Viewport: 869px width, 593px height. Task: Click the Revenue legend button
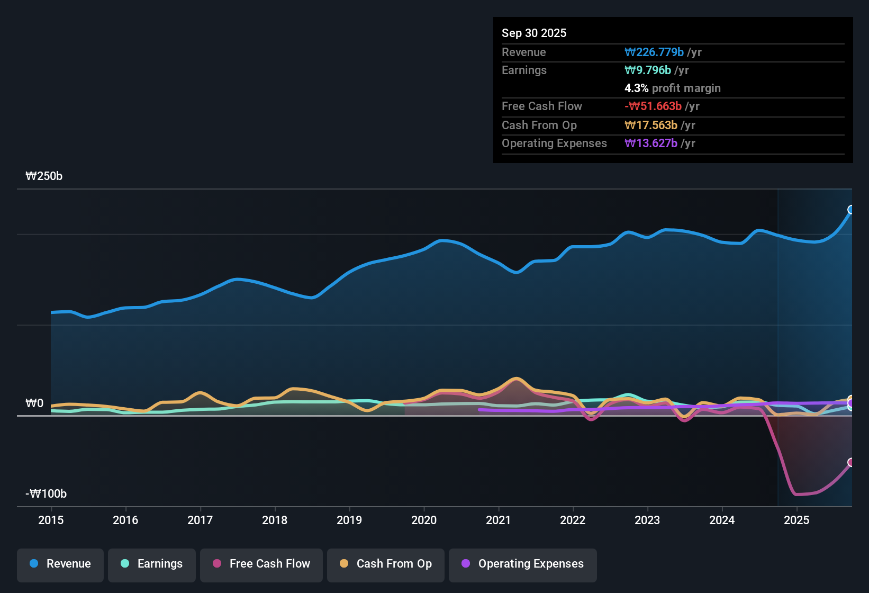[x=60, y=564]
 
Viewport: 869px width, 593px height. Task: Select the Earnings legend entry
[x=151, y=564]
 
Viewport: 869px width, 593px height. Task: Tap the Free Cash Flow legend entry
[x=261, y=564]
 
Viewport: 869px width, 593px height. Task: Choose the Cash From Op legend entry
[x=386, y=564]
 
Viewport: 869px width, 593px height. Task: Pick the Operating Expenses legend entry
[x=522, y=564]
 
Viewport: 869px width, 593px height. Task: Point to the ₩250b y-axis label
[x=44, y=176]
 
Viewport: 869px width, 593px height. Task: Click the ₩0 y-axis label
[x=34, y=403]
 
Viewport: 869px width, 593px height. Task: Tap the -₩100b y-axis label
[x=46, y=494]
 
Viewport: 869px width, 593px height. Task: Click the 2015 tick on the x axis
[x=51, y=520]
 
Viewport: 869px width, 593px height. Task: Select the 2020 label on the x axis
[x=424, y=520]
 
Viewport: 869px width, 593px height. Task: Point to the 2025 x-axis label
[x=796, y=520]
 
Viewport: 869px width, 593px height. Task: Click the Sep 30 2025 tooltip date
[x=533, y=33]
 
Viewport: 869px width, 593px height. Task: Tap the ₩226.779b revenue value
[x=654, y=52]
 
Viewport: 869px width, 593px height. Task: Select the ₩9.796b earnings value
[x=648, y=70]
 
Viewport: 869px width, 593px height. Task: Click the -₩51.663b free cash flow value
[x=653, y=106]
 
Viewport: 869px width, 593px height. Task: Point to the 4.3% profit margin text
[x=672, y=88]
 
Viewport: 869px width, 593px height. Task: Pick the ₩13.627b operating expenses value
[x=651, y=143]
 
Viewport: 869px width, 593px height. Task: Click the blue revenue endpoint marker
[x=851, y=210]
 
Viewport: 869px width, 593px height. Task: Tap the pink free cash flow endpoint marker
[x=851, y=462]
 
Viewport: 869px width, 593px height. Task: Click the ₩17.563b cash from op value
[x=651, y=125]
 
